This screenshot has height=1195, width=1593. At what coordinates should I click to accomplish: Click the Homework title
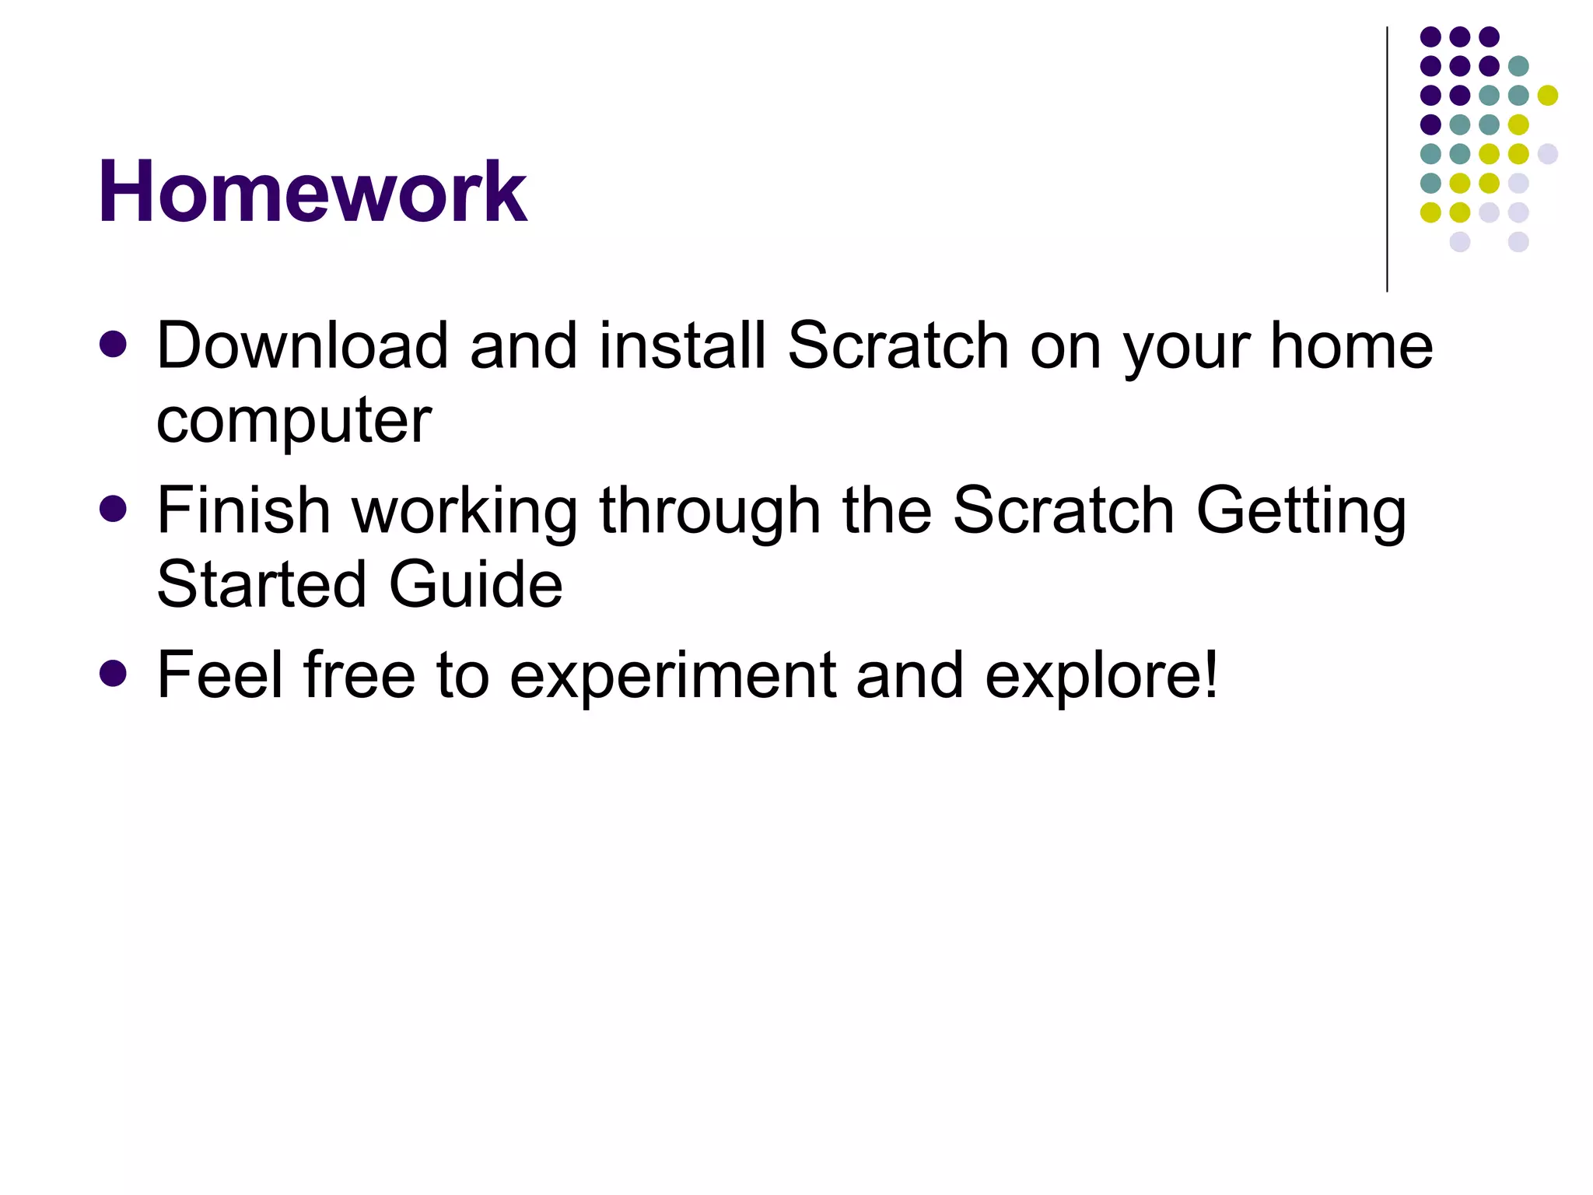click(312, 191)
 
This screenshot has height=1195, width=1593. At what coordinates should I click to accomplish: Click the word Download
click(302, 345)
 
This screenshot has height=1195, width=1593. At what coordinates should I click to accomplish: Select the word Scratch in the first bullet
click(898, 345)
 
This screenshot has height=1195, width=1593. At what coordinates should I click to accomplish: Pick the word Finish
click(243, 510)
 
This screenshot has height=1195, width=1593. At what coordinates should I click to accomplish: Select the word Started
click(261, 584)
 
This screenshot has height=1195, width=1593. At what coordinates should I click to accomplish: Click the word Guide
click(475, 584)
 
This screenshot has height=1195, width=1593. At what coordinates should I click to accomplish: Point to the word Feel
click(219, 675)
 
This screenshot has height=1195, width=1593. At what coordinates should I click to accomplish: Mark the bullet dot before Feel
click(114, 674)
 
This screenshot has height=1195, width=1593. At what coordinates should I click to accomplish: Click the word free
click(359, 675)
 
